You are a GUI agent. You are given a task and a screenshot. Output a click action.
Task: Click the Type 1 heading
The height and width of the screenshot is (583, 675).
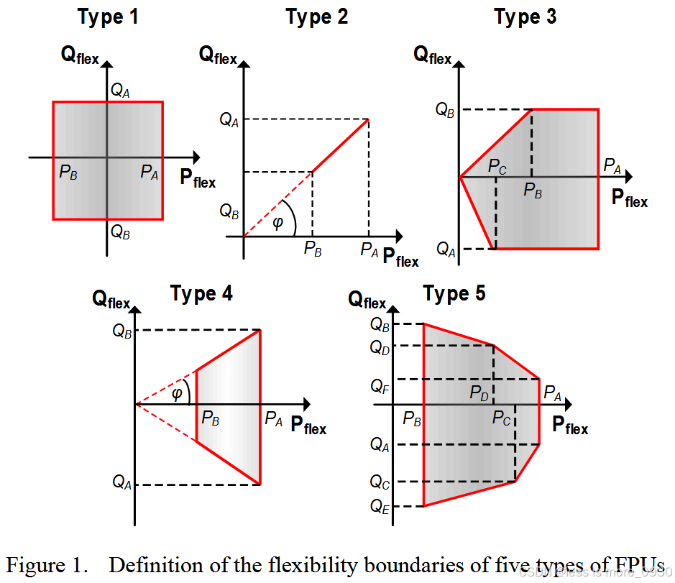tap(108, 17)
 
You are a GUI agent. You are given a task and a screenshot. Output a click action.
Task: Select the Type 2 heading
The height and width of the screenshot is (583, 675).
tap(316, 17)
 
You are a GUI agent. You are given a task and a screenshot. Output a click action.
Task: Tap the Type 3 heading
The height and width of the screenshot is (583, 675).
tap(525, 17)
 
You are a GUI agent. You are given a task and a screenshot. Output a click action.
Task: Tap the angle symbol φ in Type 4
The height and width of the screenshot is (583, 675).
tap(177, 393)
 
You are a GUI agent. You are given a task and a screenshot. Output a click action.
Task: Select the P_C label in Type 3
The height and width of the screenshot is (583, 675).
tap(497, 167)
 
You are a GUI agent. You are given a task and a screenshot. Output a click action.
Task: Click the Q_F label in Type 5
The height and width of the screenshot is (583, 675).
tap(380, 387)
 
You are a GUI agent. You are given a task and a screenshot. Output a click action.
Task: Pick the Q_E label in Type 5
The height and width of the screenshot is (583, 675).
tap(380, 506)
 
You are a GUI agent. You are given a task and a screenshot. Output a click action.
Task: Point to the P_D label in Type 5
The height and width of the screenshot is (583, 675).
tap(479, 393)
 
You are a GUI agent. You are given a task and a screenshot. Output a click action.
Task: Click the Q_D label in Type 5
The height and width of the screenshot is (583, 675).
tap(380, 347)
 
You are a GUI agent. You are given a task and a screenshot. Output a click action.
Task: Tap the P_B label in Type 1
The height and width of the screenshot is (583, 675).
tap(69, 173)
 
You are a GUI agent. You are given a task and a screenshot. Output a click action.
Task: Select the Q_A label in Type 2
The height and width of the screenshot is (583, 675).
tap(229, 120)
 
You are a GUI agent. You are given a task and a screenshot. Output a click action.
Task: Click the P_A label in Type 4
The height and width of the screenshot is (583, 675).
tap(273, 418)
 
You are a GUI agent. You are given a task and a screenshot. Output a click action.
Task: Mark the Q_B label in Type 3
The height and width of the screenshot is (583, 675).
tap(445, 110)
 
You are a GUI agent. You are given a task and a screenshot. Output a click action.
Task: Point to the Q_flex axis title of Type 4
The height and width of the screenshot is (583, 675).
tap(111, 299)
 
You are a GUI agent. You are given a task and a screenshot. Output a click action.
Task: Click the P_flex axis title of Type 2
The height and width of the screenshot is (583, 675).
tap(400, 257)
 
